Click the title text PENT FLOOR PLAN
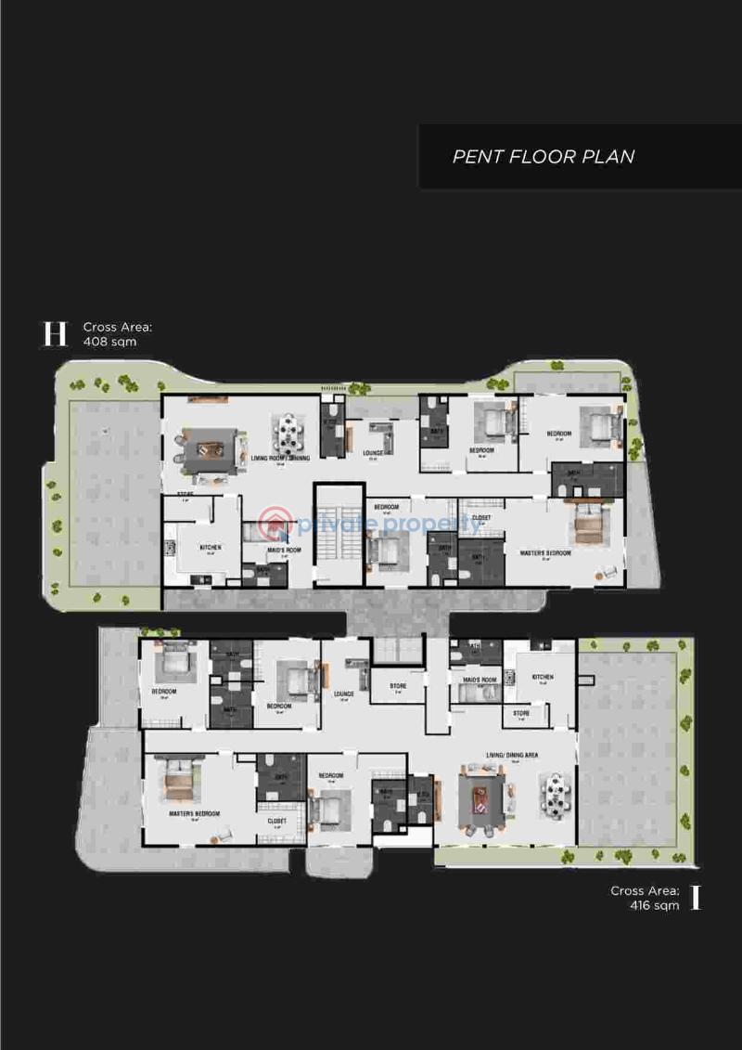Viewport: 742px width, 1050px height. click(544, 156)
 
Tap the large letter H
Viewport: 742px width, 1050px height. click(56, 334)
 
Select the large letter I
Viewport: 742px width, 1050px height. click(696, 898)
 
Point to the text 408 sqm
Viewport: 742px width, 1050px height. click(109, 342)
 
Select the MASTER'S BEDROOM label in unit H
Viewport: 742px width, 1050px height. click(544, 553)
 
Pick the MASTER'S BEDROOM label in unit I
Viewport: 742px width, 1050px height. click(195, 814)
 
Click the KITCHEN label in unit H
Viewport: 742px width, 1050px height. click(211, 548)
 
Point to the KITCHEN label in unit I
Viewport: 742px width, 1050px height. click(543, 678)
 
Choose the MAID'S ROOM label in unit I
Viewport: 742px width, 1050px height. click(480, 680)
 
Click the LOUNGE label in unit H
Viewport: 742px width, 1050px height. click(373, 454)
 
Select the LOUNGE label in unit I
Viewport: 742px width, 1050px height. click(344, 694)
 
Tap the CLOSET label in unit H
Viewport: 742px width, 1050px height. click(481, 518)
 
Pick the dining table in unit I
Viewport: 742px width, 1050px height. click(555, 796)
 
